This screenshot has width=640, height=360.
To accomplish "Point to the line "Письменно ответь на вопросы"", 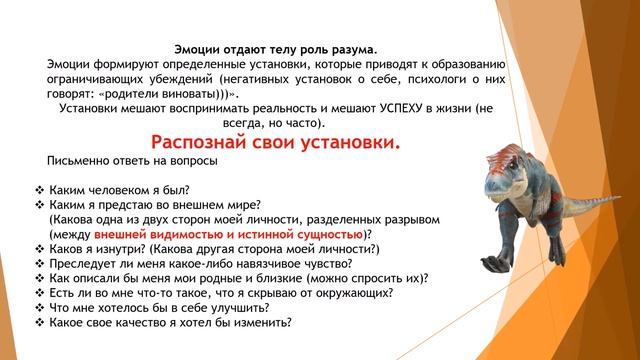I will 121,161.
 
